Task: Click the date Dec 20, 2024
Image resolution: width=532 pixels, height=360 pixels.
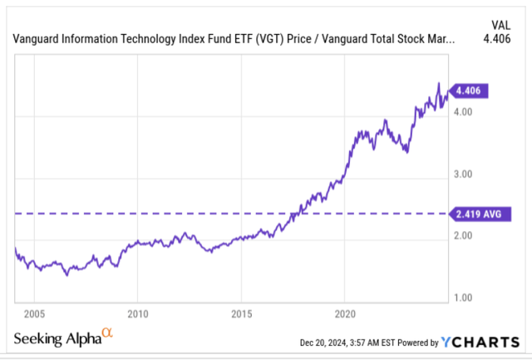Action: pos(331,343)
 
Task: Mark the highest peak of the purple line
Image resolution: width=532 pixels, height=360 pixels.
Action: pos(439,83)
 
